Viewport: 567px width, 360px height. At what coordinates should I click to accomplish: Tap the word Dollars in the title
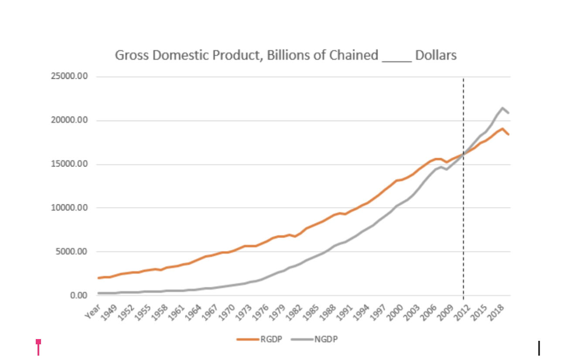[x=436, y=55]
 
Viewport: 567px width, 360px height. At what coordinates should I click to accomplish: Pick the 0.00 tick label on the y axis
[x=79, y=295]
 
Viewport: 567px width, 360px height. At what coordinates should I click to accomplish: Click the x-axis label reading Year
[x=92, y=310]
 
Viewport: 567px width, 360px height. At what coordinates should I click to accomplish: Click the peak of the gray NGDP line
[x=502, y=108]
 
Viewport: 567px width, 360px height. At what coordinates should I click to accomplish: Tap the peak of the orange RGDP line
[x=502, y=129]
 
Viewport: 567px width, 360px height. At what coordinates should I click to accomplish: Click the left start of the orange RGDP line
[x=99, y=278]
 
